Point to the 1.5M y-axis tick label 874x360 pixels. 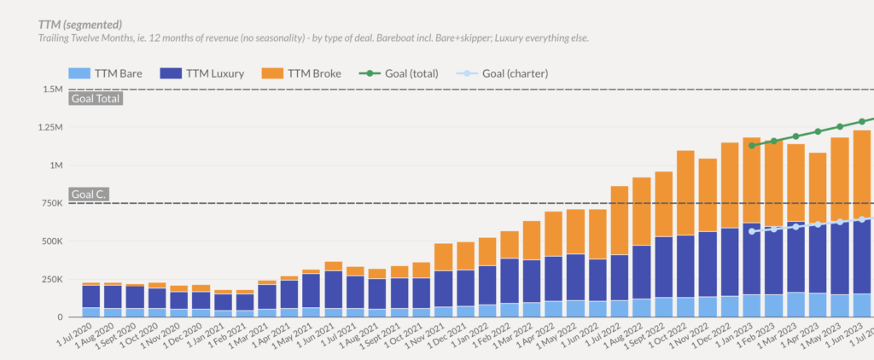51,90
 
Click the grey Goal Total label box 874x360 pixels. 96,98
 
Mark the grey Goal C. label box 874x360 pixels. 88,195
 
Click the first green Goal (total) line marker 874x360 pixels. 752,146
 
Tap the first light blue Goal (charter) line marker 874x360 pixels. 752,231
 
